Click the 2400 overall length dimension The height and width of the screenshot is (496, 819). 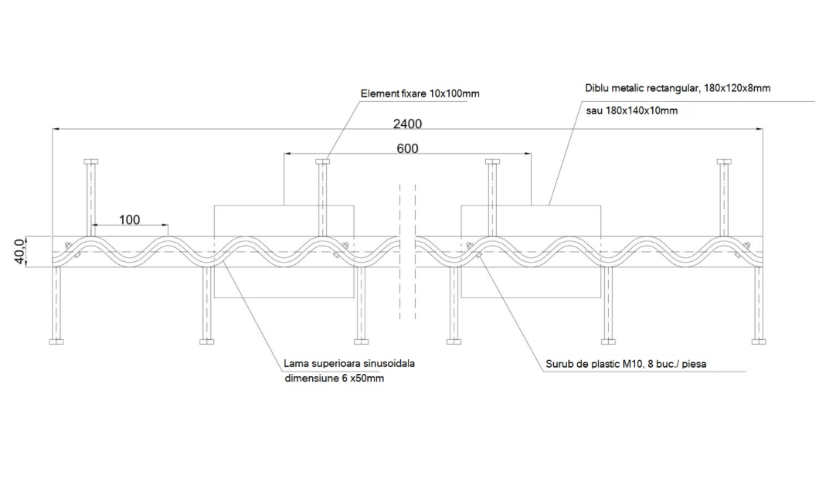click(407, 124)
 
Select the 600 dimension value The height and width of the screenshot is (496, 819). click(407, 149)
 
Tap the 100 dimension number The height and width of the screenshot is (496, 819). click(130, 220)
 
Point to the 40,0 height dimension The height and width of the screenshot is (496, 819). click(19, 251)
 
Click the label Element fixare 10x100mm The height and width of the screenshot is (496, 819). click(420, 94)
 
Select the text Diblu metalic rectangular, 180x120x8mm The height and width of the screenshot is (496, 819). click(678, 88)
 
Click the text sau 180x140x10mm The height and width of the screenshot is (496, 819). click(632, 110)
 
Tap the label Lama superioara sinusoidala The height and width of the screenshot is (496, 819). click(349, 363)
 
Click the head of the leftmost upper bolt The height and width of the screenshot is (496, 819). click(91, 161)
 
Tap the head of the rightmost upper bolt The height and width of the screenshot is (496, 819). click(724, 161)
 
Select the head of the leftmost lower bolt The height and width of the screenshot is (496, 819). click(56, 341)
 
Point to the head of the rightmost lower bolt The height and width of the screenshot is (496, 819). click(759, 341)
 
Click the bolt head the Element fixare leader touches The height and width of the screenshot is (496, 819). click(323, 161)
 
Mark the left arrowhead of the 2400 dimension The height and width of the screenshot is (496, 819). click(56, 128)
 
